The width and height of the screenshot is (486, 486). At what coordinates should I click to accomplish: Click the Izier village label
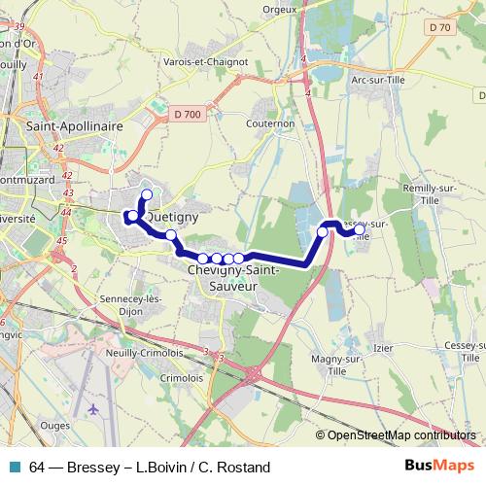coord(383,348)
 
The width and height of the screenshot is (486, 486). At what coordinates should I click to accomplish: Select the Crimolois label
coord(181,377)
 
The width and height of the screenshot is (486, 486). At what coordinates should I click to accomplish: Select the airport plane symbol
coord(93,409)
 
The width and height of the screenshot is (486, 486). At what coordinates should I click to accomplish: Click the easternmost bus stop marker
coord(360,230)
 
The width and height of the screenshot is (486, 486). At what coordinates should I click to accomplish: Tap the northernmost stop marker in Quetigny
coord(147,194)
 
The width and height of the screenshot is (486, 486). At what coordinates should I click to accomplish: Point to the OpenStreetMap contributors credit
coord(400,435)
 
